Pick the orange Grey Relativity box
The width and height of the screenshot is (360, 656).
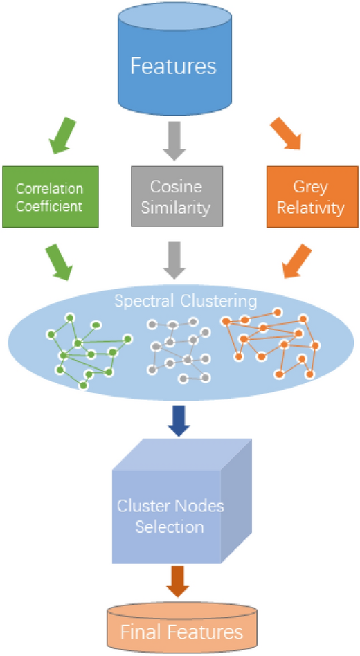coord(312,196)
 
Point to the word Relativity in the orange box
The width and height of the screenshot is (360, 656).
coord(312,206)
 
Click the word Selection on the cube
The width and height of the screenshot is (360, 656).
coord(169,527)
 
